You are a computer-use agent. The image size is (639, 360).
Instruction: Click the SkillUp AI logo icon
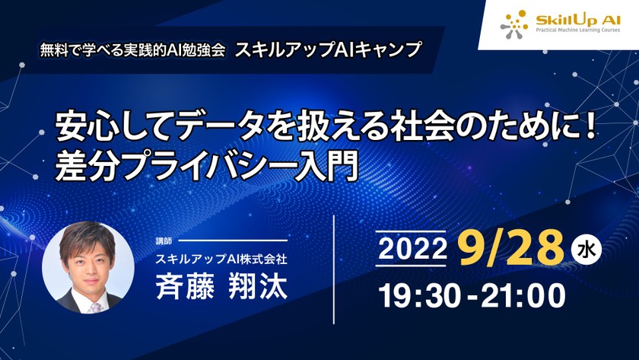coord(514,24)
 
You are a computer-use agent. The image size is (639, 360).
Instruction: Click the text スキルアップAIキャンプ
coord(329,50)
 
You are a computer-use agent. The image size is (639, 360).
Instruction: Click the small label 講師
coord(164,241)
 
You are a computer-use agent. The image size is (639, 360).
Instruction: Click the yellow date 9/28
coord(509,247)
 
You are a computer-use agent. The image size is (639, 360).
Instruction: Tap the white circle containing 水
coord(583,248)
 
